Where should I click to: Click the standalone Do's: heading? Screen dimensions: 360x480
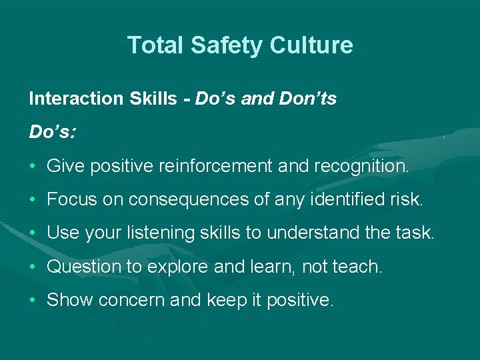52,132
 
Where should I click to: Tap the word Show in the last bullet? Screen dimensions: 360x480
70,301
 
